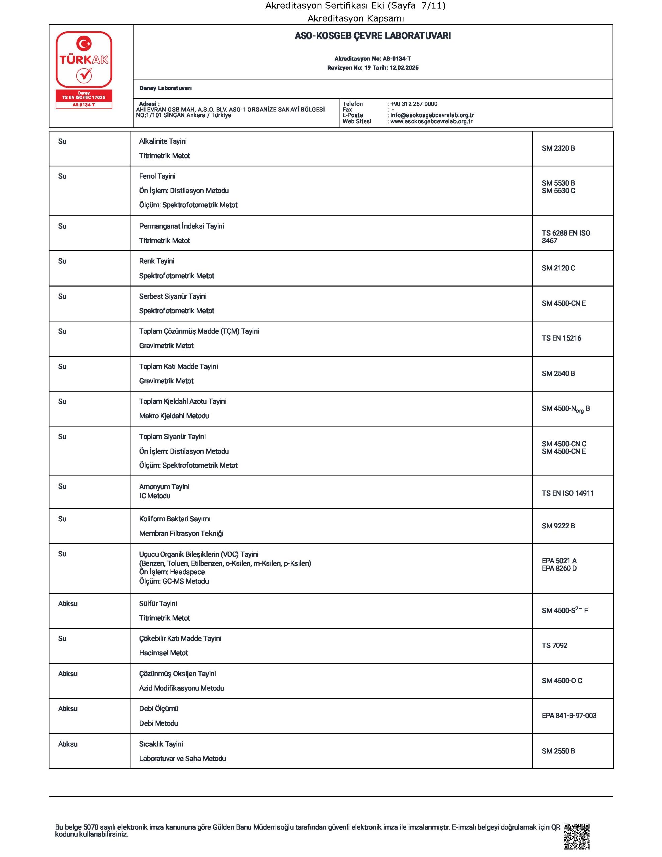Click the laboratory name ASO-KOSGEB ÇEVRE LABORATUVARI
tap(373, 36)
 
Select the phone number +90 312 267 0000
tap(414, 104)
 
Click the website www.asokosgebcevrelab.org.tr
tap(431, 121)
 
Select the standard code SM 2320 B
tap(558, 148)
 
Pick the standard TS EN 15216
tap(561, 338)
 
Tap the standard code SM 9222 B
tap(558, 526)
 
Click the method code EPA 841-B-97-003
tap(569, 716)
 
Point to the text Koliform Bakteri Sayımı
tap(175, 519)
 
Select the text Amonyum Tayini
tap(164, 486)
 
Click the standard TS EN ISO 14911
tap(567, 493)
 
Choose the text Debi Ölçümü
tap(159, 709)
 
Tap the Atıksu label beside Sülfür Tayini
tap(68, 604)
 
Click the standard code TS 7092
tap(554, 645)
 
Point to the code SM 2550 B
tap(558, 751)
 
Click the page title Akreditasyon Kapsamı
tap(355, 18)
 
